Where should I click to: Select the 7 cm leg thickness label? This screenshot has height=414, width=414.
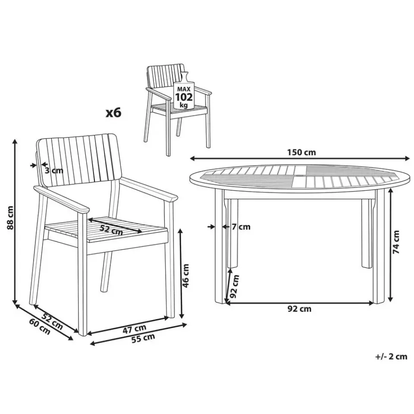pyautogui.click(x=241, y=226)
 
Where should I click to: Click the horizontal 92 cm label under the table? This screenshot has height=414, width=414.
pyautogui.click(x=299, y=308)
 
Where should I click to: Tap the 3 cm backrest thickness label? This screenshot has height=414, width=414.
pyautogui.click(x=54, y=170)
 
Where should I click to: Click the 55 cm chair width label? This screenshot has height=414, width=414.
pyautogui.click(x=143, y=338)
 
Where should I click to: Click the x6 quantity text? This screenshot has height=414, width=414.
pyautogui.click(x=114, y=113)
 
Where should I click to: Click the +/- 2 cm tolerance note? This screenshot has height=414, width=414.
pyautogui.click(x=391, y=356)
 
